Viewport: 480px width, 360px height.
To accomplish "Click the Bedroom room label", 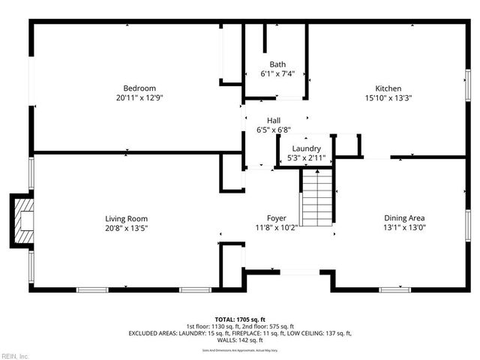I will [x=135, y=88].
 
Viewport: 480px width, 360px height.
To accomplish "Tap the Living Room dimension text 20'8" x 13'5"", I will [x=126, y=228].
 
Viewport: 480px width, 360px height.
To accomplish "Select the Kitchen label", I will [x=388, y=88].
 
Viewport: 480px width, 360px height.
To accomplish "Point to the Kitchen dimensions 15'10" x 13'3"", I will [x=388, y=98].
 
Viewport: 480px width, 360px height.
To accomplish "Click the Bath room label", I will [x=277, y=64].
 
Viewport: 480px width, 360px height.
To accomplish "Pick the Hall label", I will [x=274, y=120].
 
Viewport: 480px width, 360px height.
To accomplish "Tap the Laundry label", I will [x=307, y=148].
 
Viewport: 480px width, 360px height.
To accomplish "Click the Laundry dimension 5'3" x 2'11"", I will [x=307, y=158].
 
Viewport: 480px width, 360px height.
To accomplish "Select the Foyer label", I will [x=277, y=218].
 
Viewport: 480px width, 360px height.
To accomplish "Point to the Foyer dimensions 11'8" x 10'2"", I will [x=277, y=228].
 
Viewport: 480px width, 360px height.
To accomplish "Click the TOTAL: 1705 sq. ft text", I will [x=240, y=319].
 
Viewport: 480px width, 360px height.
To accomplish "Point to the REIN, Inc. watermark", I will [x=15, y=355].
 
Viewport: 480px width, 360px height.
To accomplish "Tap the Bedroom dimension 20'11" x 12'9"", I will [x=135, y=98].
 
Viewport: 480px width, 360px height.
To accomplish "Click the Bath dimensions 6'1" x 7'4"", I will [x=277, y=74].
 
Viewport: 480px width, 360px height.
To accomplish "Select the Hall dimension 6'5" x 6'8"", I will [x=274, y=130].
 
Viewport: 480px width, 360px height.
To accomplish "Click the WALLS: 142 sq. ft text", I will [x=240, y=340].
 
